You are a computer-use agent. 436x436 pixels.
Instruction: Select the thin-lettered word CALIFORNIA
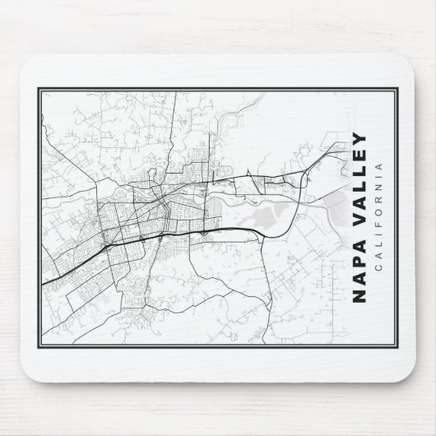point(379,218)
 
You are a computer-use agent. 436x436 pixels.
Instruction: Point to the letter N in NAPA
point(359,297)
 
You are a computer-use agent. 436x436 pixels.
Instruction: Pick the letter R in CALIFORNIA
point(379,204)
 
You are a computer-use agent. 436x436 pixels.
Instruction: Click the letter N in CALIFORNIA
point(379,192)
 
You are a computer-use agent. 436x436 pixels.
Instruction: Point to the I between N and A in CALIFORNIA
point(379,182)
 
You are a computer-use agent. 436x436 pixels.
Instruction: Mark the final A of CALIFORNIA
point(379,171)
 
